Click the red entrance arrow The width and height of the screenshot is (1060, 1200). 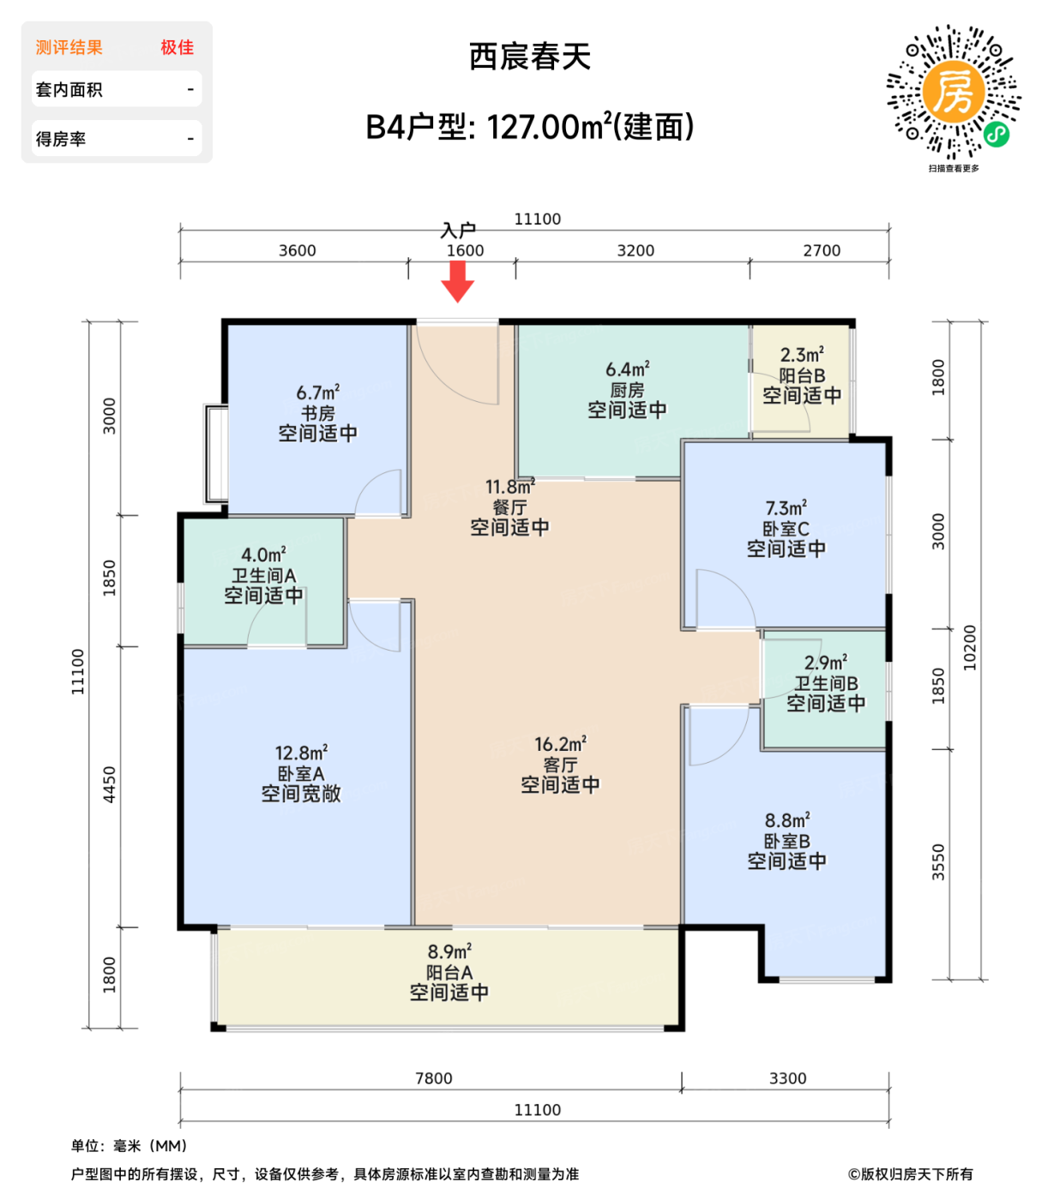pyautogui.click(x=458, y=281)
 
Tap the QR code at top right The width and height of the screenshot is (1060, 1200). pyautogui.click(x=953, y=93)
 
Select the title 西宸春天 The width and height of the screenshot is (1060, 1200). pyautogui.click(x=530, y=57)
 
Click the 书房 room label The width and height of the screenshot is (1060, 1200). pyautogui.click(x=317, y=413)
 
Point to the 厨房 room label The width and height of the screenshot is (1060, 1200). pyautogui.click(x=627, y=390)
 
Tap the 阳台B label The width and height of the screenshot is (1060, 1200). pyautogui.click(x=802, y=375)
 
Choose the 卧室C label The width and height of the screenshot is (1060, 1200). pyautogui.click(x=786, y=529)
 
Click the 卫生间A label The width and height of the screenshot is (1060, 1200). pyautogui.click(x=263, y=575)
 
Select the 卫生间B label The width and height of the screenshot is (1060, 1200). pyautogui.click(x=825, y=683)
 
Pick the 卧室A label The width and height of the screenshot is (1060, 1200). pyautogui.click(x=301, y=773)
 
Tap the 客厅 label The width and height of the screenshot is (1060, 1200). pyautogui.click(x=560, y=765)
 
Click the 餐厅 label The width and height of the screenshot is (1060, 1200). pyautogui.click(x=509, y=507)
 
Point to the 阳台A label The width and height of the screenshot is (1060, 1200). pyautogui.click(x=449, y=972)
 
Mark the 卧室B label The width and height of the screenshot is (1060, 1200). pyautogui.click(x=786, y=841)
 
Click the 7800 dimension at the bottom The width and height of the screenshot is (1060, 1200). pyautogui.click(x=433, y=1078)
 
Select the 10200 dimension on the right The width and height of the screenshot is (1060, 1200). pyautogui.click(x=970, y=648)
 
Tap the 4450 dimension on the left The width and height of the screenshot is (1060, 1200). pyautogui.click(x=109, y=785)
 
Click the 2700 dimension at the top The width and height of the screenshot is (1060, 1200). pyautogui.click(x=822, y=250)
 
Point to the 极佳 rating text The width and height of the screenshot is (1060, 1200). pyautogui.click(x=177, y=48)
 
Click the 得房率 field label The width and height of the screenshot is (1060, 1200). pyautogui.click(x=61, y=139)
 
